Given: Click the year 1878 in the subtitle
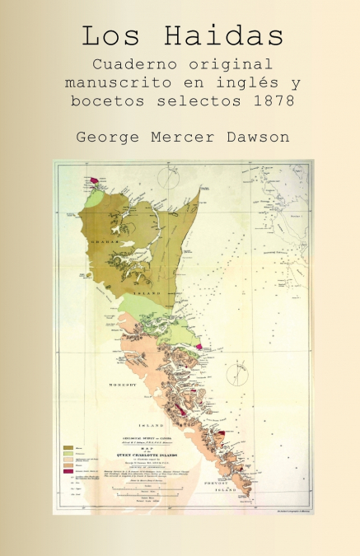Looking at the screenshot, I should [x=274, y=102].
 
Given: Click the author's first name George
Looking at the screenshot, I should [x=107, y=136].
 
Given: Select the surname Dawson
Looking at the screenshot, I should [x=257, y=136].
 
